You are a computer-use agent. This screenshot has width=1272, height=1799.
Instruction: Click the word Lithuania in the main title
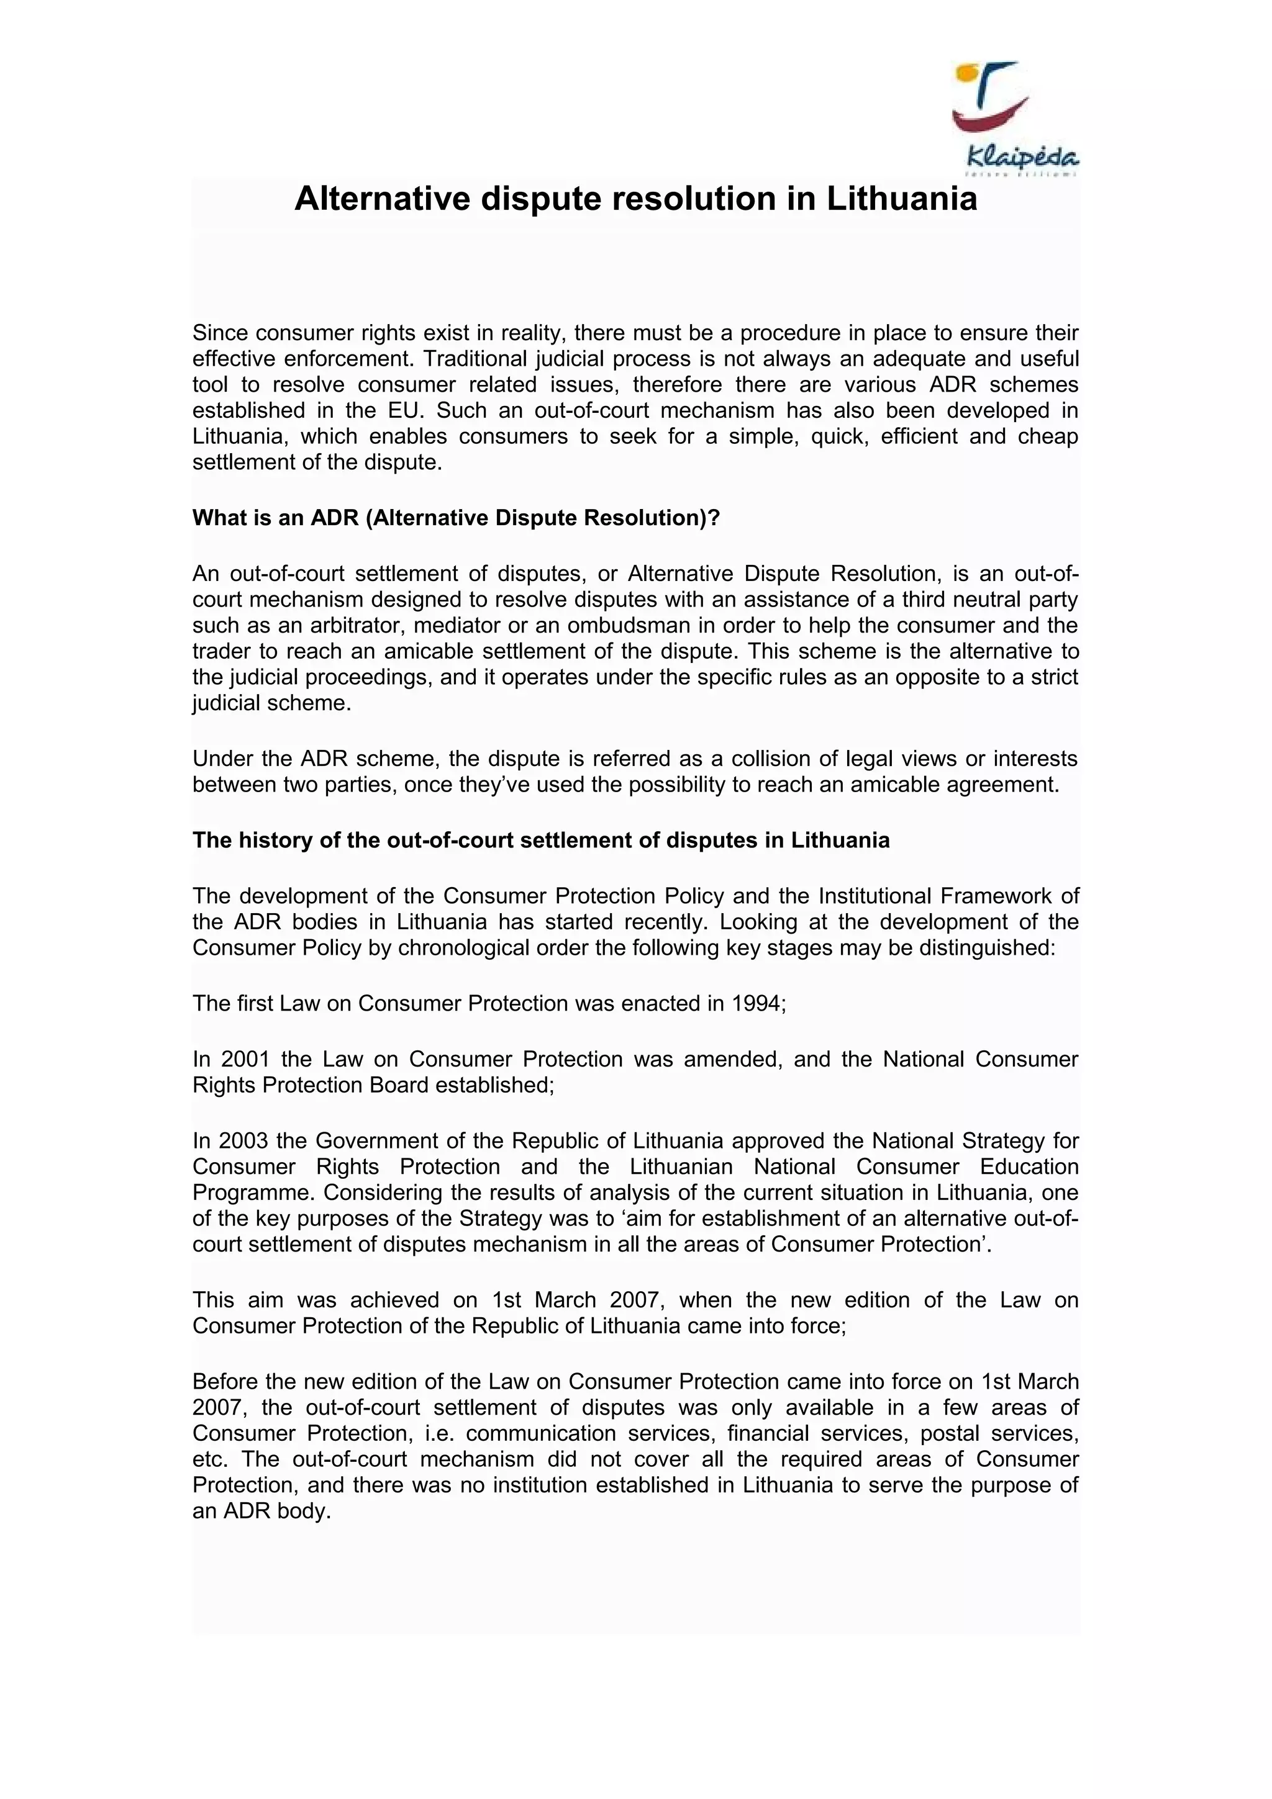tap(901, 199)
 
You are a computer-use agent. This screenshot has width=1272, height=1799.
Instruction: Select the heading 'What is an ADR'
tap(455, 518)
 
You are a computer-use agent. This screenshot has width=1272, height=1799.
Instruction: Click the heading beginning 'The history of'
tap(541, 841)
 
